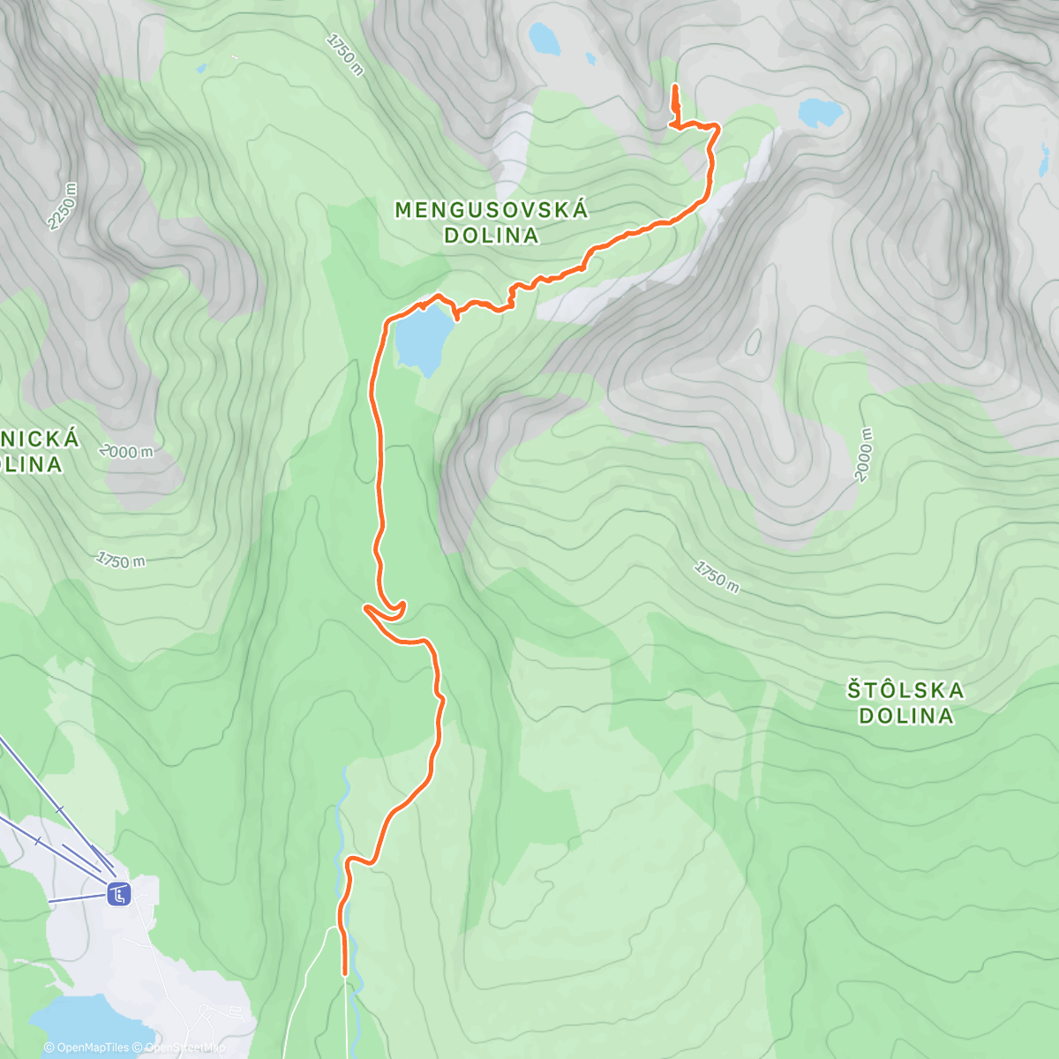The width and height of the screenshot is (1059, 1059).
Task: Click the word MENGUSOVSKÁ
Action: click(x=491, y=210)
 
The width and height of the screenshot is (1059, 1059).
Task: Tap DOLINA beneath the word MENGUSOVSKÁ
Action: click(x=491, y=236)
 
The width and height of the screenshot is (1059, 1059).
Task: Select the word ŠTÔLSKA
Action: click(x=905, y=690)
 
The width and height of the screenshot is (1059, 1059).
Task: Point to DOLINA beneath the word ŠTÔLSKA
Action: click(x=905, y=716)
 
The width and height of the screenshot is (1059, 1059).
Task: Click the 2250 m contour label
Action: click(x=63, y=207)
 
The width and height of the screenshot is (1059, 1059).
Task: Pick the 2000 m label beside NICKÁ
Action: click(x=127, y=452)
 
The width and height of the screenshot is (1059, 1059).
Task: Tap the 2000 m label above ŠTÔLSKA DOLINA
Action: click(x=864, y=455)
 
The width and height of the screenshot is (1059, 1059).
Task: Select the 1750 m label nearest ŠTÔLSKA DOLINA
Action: click(x=717, y=576)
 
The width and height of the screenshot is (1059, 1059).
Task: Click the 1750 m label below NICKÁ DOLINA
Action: click(x=121, y=560)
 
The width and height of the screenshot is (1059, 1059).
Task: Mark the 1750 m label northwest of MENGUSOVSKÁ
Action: click(x=344, y=55)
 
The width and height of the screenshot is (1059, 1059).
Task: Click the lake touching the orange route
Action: click(x=423, y=340)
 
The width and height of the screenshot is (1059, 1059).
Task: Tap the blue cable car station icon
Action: click(x=118, y=895)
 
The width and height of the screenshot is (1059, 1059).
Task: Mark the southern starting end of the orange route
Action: click(x=344, y=973)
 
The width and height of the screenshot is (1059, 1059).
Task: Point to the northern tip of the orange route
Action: click(x=675, y=86)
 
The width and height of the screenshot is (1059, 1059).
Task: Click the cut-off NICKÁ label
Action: click(x=40, y=439)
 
